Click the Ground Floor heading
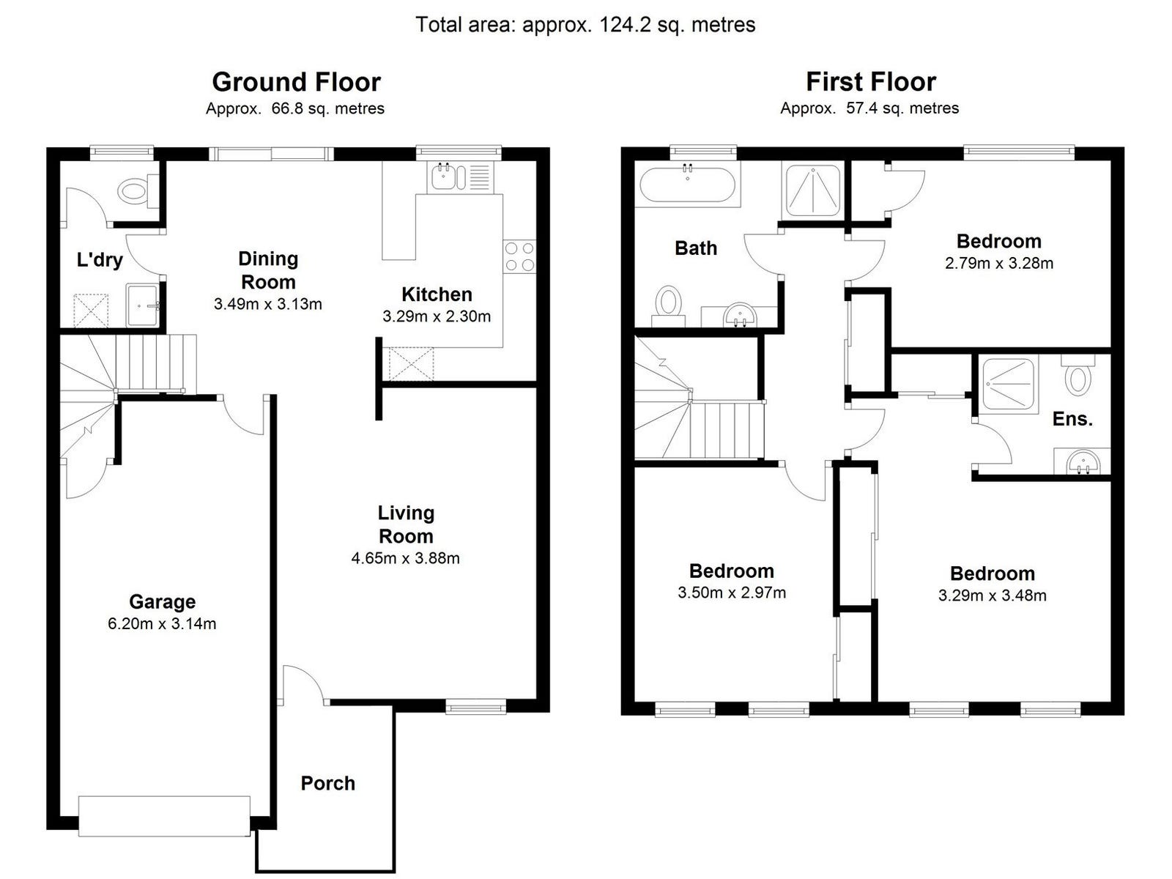[296, 82]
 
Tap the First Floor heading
[871, 82]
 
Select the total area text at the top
[585, 25]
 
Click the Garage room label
[162, 602]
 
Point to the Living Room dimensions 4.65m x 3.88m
[405, 558]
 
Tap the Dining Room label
[268, 270]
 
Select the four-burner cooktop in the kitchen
[519, 256]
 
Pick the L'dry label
[100, 260]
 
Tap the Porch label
[327, 783]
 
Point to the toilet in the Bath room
[668, 302]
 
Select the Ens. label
[1072, 419]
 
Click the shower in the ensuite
[1008, 383]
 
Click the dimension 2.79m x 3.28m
[999, 263]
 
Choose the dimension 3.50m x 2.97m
[732, 593]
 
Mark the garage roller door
[164, 815]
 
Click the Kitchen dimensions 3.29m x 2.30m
[437, 316]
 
